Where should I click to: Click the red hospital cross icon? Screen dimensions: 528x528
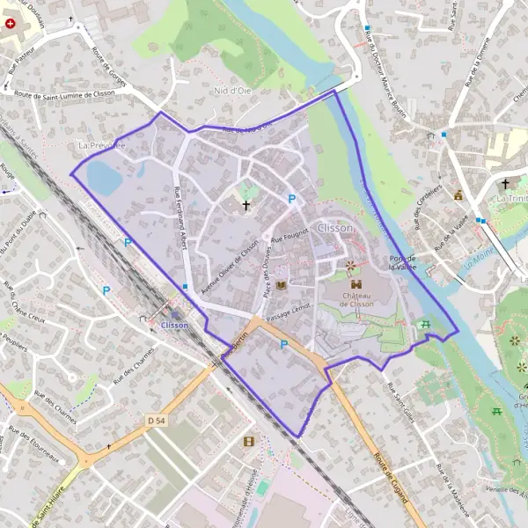[11, 25]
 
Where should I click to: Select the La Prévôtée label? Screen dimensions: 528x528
[102, 145]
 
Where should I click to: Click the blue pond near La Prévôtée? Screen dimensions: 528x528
[104, 179]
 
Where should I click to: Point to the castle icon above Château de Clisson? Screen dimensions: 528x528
[356, 284]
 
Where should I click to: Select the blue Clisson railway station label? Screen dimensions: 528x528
[175, 326]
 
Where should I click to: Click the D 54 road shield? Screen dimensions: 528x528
[157, 422]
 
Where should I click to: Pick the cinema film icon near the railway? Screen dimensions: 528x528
[249, 441]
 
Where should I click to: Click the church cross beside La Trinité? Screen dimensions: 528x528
[505, 185]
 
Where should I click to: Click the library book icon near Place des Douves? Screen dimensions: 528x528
[281, 286]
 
